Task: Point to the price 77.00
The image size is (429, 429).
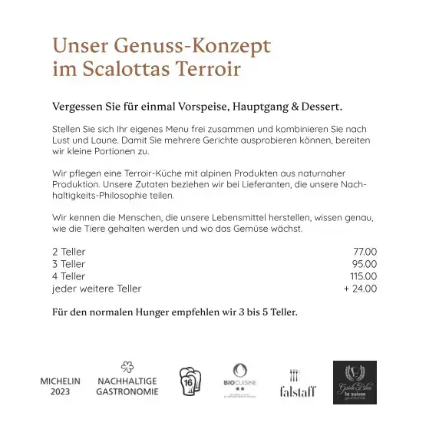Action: (365, 252)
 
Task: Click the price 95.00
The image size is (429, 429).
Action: (365, 264)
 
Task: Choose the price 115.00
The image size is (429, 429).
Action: (363, 276)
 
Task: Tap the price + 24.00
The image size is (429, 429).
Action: (360, 289)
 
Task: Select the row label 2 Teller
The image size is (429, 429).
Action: (69, 252)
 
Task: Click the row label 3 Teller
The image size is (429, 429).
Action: (69, 264)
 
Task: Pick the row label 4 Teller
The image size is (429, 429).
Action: (69, 276)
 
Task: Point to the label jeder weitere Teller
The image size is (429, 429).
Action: (97, 289)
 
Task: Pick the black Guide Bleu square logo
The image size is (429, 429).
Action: (355, 382)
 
